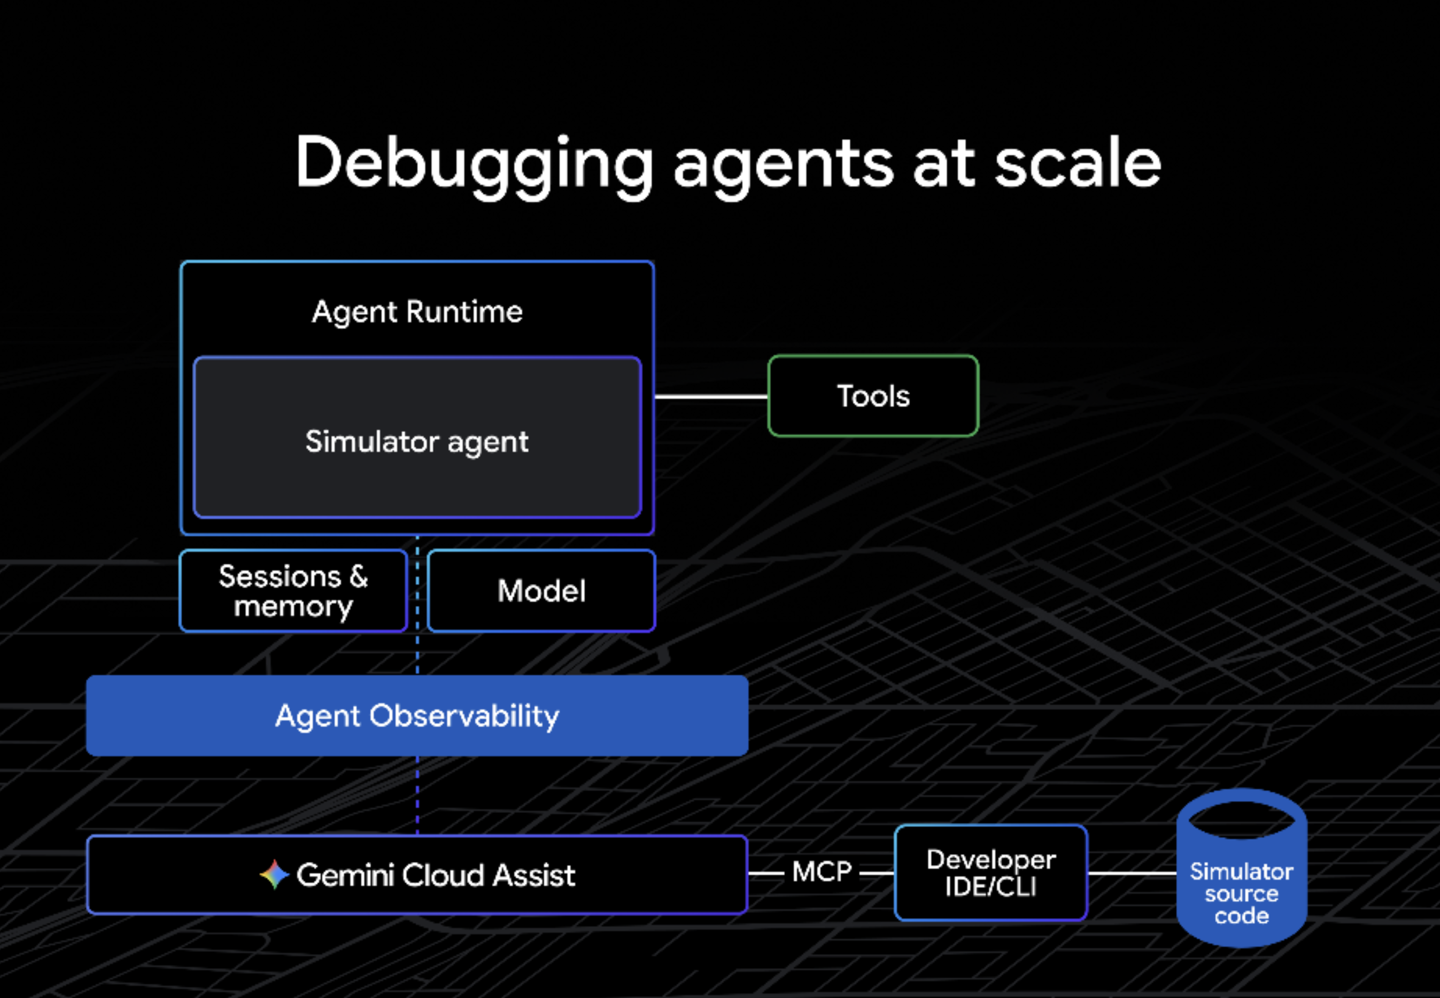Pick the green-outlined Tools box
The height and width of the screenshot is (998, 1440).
[x=872, y=396]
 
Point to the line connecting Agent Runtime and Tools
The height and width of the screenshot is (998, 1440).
[x=711, y=396]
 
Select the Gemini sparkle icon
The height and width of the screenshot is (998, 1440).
[x=274, y=874]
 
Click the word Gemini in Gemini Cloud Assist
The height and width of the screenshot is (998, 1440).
[x=345, y=875]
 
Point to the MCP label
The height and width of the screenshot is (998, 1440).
[x=822, y=872]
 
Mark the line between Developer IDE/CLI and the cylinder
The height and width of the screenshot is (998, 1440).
[x=1132, y=873]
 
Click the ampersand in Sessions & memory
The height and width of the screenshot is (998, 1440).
[x=358, y=576]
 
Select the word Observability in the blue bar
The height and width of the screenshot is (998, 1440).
[x=464, y=716]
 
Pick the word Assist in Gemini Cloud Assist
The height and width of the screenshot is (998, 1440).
[x=534, y=875]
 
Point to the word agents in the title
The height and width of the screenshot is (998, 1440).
[x=783, y=164]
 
